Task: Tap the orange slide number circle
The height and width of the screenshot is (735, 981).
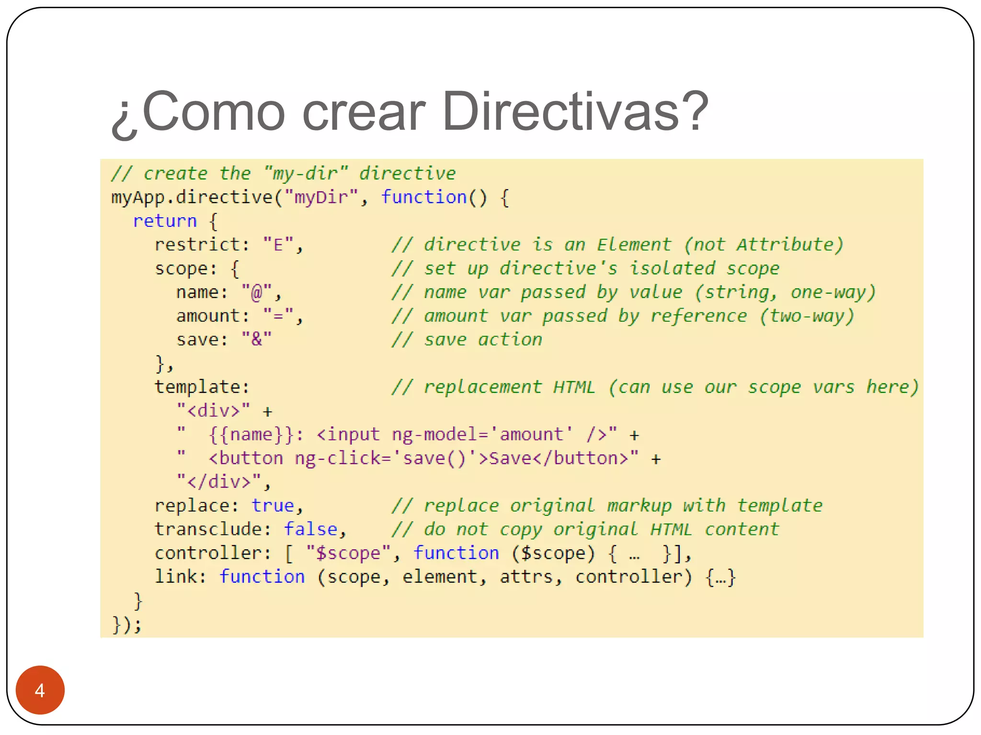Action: point(40,690)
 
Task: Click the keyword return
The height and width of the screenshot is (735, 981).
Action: point(165,221)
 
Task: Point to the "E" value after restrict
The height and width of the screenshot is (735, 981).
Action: point(278,245)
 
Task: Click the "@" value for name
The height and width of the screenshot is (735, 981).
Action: point(257,292)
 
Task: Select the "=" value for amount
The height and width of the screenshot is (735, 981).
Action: point(278,316)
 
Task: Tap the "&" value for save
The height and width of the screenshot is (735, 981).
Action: point(257,339)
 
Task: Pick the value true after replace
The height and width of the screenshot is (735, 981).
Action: point(273,505)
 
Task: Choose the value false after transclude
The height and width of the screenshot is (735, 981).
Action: point(310,529)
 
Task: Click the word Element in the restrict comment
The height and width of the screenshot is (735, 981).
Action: point(634,245)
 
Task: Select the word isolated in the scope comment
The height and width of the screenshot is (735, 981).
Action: point(672,268)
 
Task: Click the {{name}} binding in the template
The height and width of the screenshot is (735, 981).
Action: point(251,434)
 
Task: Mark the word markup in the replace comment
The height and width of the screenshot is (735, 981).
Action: point(639,505)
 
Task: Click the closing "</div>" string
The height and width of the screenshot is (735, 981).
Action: point(219,481)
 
